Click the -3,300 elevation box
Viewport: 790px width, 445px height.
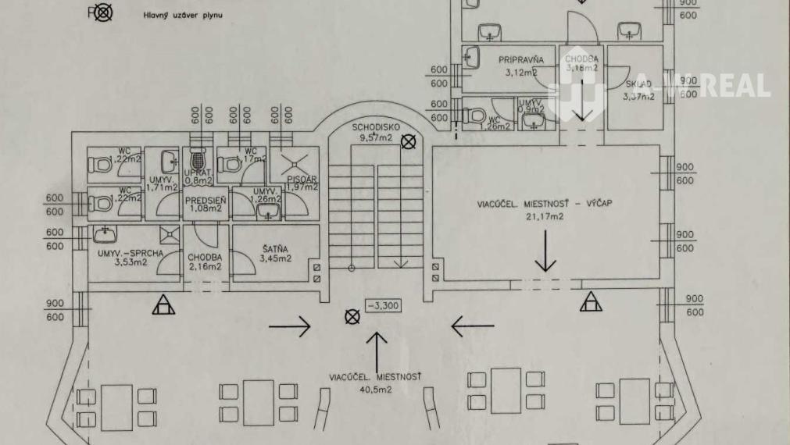tap(383, 305)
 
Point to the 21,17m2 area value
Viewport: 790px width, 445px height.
tap(545, 217)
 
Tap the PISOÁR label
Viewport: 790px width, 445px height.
tap(301, 177)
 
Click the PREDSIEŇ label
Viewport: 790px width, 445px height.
tap(206, 200)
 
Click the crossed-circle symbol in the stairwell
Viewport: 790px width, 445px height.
tap(407, 141)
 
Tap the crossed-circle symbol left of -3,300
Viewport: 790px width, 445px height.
tap(352, 316)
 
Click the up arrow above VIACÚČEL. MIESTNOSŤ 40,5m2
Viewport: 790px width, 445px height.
tap(377, 349)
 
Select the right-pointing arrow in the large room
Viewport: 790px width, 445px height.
tap(289, 326)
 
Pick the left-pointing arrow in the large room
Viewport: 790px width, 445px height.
tap(472, 326)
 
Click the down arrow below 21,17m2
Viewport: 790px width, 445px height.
tap(545, 255)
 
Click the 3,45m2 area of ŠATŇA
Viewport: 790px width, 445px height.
tap(276, 258)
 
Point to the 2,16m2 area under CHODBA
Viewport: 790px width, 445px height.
tap(205, 266)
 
